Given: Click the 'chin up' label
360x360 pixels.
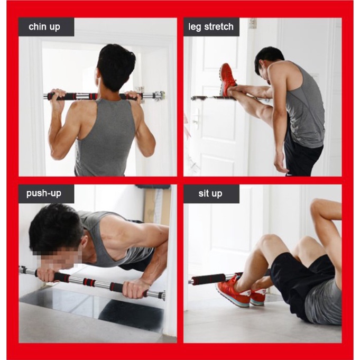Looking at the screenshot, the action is [x=44, y=27].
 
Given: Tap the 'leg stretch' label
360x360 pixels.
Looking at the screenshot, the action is [x=211, y=27].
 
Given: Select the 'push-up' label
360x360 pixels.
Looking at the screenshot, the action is [x=44, y=193].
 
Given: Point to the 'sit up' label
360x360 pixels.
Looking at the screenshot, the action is [x=210, y=193].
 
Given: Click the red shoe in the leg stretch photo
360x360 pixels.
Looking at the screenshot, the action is [x=228, y=79].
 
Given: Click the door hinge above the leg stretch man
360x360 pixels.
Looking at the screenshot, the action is [x=252, y=23].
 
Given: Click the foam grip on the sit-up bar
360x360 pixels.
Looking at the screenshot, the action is [x=208, y=279].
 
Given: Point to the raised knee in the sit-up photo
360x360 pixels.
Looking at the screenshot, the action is [x=269, y=241].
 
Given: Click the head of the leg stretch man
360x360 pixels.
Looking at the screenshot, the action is [x=268, y=62].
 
